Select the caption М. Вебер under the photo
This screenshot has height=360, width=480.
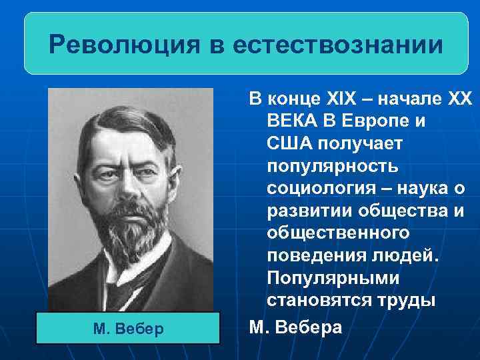(129, 329)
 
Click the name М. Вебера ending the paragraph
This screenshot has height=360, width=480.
(295, 327)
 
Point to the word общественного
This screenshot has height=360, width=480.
(337, 235)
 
